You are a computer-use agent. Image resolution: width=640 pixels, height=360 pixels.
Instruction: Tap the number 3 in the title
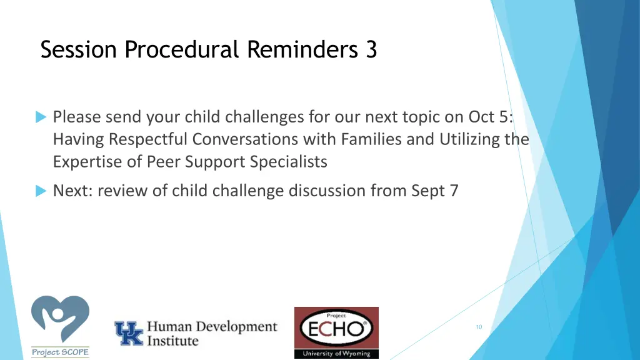click(371, 49)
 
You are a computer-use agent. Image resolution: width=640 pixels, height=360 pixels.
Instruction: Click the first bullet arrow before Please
click(41, 117)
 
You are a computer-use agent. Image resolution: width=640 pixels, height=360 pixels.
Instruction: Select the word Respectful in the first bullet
click(146, 139)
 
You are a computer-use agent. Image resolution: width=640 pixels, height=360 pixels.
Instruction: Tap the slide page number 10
click(479, 327)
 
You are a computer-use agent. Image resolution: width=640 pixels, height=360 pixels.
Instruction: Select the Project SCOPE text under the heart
click(60, 352)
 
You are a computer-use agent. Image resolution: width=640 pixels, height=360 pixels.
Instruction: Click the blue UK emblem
click(128, 333)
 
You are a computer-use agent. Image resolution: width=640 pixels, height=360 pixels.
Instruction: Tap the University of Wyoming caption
click(336, 354)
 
